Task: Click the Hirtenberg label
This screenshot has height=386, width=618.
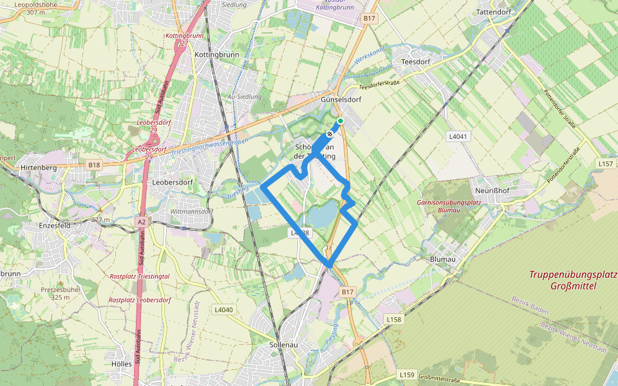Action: [x=39, y=168]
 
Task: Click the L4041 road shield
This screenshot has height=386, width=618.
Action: [x=457, y=136]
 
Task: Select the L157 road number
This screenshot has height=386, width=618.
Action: [x=606, y=164]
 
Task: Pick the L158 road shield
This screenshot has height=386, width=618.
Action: [x=394, y=319]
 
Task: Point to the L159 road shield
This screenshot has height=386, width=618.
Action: [x=407, y=374]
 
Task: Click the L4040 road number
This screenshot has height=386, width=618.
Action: [x=222, y=310]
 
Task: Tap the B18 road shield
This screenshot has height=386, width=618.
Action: [x=95, y=165]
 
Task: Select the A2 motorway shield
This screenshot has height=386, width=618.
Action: [x=142, y=221]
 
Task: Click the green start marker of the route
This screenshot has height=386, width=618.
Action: [x=341, y=121]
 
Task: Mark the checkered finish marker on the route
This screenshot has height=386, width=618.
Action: [x=330, y=134]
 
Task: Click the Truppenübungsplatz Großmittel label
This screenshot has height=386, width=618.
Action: [x=572, y=280]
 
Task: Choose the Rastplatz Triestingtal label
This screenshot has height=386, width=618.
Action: [x=140, y=276]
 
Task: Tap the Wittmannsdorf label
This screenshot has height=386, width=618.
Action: [x=191, y=211]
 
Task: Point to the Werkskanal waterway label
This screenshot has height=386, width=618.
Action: [x=368, y=57]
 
